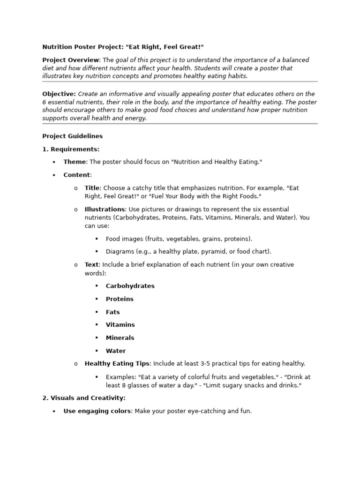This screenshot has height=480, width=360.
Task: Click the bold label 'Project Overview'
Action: pyautogui.click(x=71, y=60)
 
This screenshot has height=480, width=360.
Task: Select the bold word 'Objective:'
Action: pyautogui.click(x=59, y=94)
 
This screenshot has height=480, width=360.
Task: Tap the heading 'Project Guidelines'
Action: pyautogui.click(x=72, y=136)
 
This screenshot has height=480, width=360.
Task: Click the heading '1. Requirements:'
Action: pyautogui.click(x=71, y=149)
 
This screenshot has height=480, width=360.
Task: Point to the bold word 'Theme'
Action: pyautogui.click(x=75, y=162)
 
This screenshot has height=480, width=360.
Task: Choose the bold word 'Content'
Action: pyautogui.click(x=76, y=175)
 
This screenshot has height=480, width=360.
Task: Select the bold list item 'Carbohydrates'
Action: pyautogui.click(x=130, y=286)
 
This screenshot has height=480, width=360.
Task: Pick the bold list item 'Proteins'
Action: pyautogui.click(x=120, y=299)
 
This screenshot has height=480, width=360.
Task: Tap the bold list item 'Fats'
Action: pyautogui.click(x=112, y=312)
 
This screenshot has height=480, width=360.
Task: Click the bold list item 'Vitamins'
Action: pyautogui.click(x=120, y=324)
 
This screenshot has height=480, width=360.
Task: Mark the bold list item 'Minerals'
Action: pyautogui.click(x=120, y=337)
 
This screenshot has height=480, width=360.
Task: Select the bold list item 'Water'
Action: pyautogui.click(x=115, y=351)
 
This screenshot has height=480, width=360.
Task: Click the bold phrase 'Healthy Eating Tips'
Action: pyautogui.click(x=116, y=363)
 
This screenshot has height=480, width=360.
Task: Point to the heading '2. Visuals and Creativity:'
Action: pyautogui.click(x=84, y=398)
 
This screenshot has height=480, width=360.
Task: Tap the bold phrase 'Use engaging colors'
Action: pyautogui.click(x=97, y=411)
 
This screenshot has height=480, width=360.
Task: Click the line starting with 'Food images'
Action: pyautogui.click(x=179, y=239)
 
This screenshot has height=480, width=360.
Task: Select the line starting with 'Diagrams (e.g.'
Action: pyautogui.click(x=188, y=251)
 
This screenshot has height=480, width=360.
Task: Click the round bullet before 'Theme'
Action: pyautogui.click(x=54, y=162)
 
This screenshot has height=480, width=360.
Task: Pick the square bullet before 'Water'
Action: pyautogui.click(x=97, y=351)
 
